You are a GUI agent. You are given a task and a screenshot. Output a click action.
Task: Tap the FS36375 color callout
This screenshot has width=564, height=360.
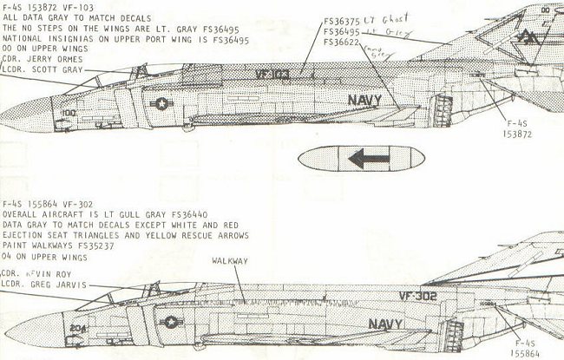342,22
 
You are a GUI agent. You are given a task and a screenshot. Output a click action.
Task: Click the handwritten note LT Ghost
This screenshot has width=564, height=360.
382,20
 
